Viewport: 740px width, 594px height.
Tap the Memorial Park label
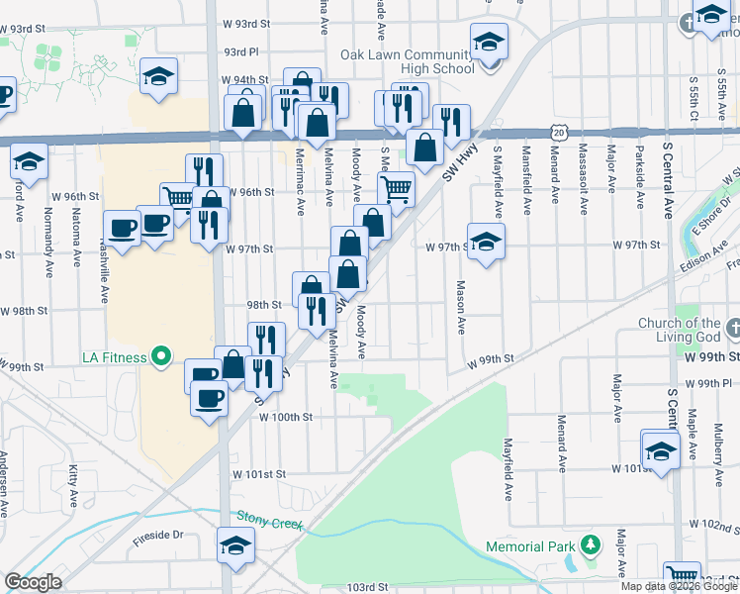pos(530,546)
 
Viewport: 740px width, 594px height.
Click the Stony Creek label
pos(268,520)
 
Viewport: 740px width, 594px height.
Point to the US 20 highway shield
pos(560,132)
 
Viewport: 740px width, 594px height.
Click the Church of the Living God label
pos(680,330)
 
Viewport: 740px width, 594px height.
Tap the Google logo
pos(33,582)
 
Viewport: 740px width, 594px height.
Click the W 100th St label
pos(286,418)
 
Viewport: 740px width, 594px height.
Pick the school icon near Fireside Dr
pos(236,544)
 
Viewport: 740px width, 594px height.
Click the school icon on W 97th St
pos(486,242)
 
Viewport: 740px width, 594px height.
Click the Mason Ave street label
pos(461,306)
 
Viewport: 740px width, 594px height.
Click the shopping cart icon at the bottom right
pos(681,575)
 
